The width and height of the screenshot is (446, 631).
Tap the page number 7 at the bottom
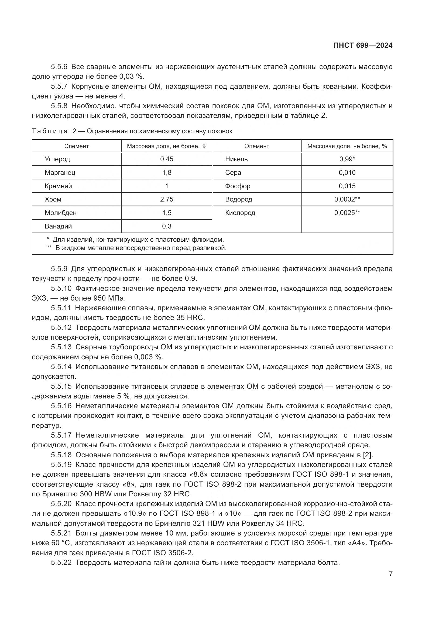[390, 574]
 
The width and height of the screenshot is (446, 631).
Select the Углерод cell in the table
[57, 159]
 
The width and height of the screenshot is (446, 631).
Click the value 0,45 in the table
[167, 159]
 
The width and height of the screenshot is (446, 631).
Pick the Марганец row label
[60, 173]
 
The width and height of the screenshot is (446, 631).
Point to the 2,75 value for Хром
[167, 199]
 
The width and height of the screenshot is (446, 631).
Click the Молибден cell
[61, 213]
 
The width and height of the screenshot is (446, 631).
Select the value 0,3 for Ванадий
[167, 226]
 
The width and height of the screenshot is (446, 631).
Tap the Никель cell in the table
[236, 159]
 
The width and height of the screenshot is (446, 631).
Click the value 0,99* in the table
[347, 159]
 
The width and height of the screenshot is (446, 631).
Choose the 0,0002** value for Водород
[347, 199]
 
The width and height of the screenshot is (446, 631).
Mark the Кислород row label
[240, 213]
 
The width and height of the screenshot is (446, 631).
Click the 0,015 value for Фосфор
[347, 186]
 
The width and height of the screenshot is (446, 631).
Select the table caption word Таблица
[49, 131]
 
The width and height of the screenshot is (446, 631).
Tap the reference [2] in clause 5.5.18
[368, 455]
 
